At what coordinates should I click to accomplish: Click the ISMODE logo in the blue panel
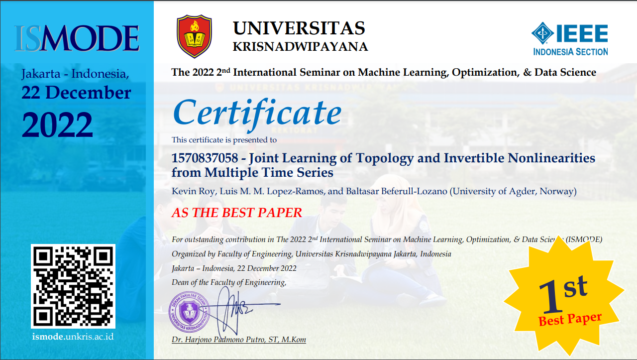coord(77,38)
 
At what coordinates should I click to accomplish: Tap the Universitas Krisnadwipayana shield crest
coord(194,36)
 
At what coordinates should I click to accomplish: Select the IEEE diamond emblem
coord(542,33)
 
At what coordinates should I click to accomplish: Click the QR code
coord(73,286)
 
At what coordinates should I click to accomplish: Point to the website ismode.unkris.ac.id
coord(73,337)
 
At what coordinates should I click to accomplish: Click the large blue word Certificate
coord(257,113)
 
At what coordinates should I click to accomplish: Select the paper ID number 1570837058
coord(205,158)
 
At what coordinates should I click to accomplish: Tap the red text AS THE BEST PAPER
coord(236,213)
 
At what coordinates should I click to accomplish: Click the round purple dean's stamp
coord(189,312)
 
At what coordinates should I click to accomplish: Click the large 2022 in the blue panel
coord(57,124)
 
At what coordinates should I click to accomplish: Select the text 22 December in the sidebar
coord(76,93)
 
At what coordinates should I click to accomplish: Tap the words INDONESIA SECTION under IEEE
coord(570,52)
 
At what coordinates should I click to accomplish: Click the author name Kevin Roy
coord(193,191)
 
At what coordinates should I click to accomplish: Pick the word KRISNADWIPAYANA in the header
coord(300,47)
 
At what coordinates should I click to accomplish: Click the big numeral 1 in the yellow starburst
coord(550,297)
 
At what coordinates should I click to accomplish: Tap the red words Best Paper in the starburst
coord(570,319)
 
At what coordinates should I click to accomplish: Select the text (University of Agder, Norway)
coord(513,191)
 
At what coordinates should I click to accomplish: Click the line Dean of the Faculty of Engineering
coord(228,282)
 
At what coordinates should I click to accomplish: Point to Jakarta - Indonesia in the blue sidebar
coord(75,74)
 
